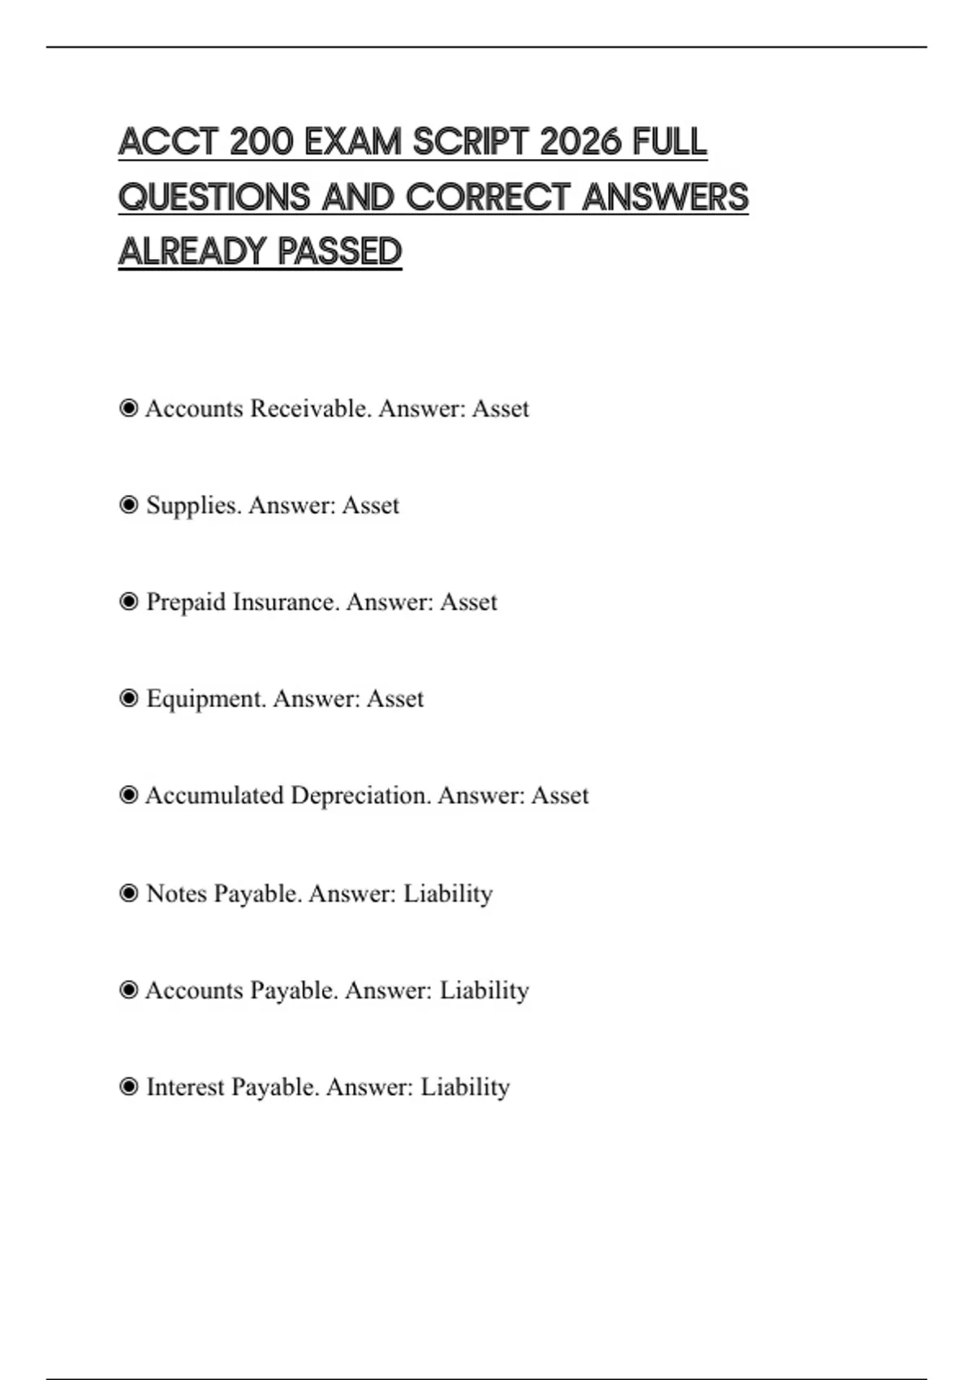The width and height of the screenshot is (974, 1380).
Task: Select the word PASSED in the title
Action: coord(340,252)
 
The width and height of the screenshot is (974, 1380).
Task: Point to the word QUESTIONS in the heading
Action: coord(213,197)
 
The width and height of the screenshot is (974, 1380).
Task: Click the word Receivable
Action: coord(311,408)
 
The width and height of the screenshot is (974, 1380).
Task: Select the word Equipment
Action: coord(206,699)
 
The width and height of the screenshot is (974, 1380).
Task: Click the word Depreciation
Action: coord(360,796)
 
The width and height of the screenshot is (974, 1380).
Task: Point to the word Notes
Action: coord(176,894)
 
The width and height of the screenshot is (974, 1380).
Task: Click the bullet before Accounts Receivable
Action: coord(128,408)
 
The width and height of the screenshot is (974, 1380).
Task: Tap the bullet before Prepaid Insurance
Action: coord(128,602)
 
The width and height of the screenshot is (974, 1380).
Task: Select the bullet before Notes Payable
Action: coord(128,893)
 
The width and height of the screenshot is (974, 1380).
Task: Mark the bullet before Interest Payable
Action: coord(128,1086)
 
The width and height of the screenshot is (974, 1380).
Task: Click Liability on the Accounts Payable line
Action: coord(484,990)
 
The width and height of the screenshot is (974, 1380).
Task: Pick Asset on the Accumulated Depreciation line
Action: coord(560,796)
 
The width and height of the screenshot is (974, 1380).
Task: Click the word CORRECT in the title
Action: coord(488,197)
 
